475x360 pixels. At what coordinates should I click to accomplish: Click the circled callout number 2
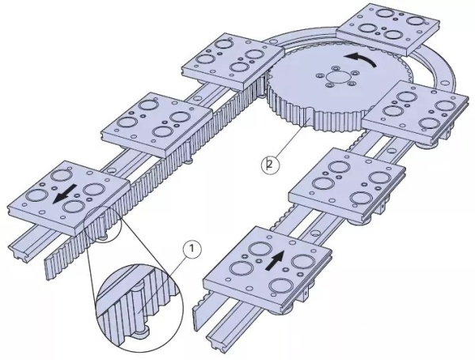[x=270, y=165]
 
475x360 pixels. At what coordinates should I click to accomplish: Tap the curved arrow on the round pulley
[x=361, y=59]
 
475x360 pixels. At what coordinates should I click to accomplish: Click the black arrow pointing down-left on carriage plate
[x=65, y=195]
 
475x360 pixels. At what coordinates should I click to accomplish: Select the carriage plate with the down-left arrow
[x=68, y=199]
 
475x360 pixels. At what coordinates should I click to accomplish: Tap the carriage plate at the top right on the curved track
[x=388, y=29]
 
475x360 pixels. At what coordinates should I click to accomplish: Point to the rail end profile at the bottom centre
[x=216, y=343]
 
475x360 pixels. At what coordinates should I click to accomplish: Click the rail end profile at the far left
[x=19, y=251]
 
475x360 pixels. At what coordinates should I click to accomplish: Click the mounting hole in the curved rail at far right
[x=445, y=82]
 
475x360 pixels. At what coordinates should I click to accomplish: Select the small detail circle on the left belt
[x=103, y=224]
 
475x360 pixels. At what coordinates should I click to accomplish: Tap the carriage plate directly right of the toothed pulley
[x=416, y=112]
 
